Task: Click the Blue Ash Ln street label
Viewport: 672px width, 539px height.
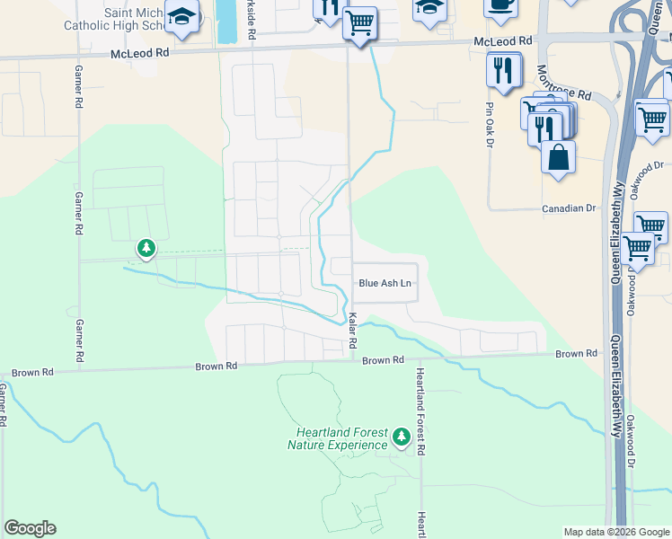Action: [x=385, y=283]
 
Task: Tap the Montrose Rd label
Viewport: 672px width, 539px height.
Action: [x=563, y=83]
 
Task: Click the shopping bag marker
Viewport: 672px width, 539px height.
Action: [x=559, y=157]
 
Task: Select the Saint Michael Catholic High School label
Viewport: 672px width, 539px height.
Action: [x=112, y=20]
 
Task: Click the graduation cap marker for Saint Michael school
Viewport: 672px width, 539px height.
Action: [x=182, y=18]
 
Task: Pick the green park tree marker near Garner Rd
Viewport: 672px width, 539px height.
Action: [x=146, y=248]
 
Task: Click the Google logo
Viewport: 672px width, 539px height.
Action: [x=30, y=528]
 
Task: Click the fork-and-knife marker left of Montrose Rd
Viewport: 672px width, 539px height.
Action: [x=503, y=69]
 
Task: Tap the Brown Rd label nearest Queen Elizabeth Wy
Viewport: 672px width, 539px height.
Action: [x=576, y=354]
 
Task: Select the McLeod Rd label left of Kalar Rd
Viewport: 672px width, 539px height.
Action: [x=140, y=54]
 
